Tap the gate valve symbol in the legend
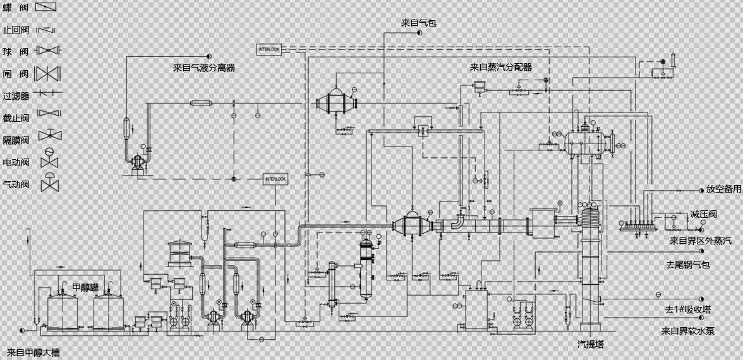click(x=47, y=74)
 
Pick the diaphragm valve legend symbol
click(x=49, y=135)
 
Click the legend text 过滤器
click(x=16, y=96)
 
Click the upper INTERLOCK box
click(x=269, y=49)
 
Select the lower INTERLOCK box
click(x=275, y=179)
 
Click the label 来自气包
click(x=419, y=23)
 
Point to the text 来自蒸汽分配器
click(x=501, y=68)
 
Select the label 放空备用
click(x=723, y=189)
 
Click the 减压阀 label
click(x=703, y=215)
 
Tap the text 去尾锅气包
click(x=688, y=265)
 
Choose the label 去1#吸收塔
click(x=688, y=309)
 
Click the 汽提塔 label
click(x=591, y=344)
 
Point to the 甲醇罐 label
click(x=85, y=287)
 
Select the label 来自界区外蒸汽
click(x=700, y=241)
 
